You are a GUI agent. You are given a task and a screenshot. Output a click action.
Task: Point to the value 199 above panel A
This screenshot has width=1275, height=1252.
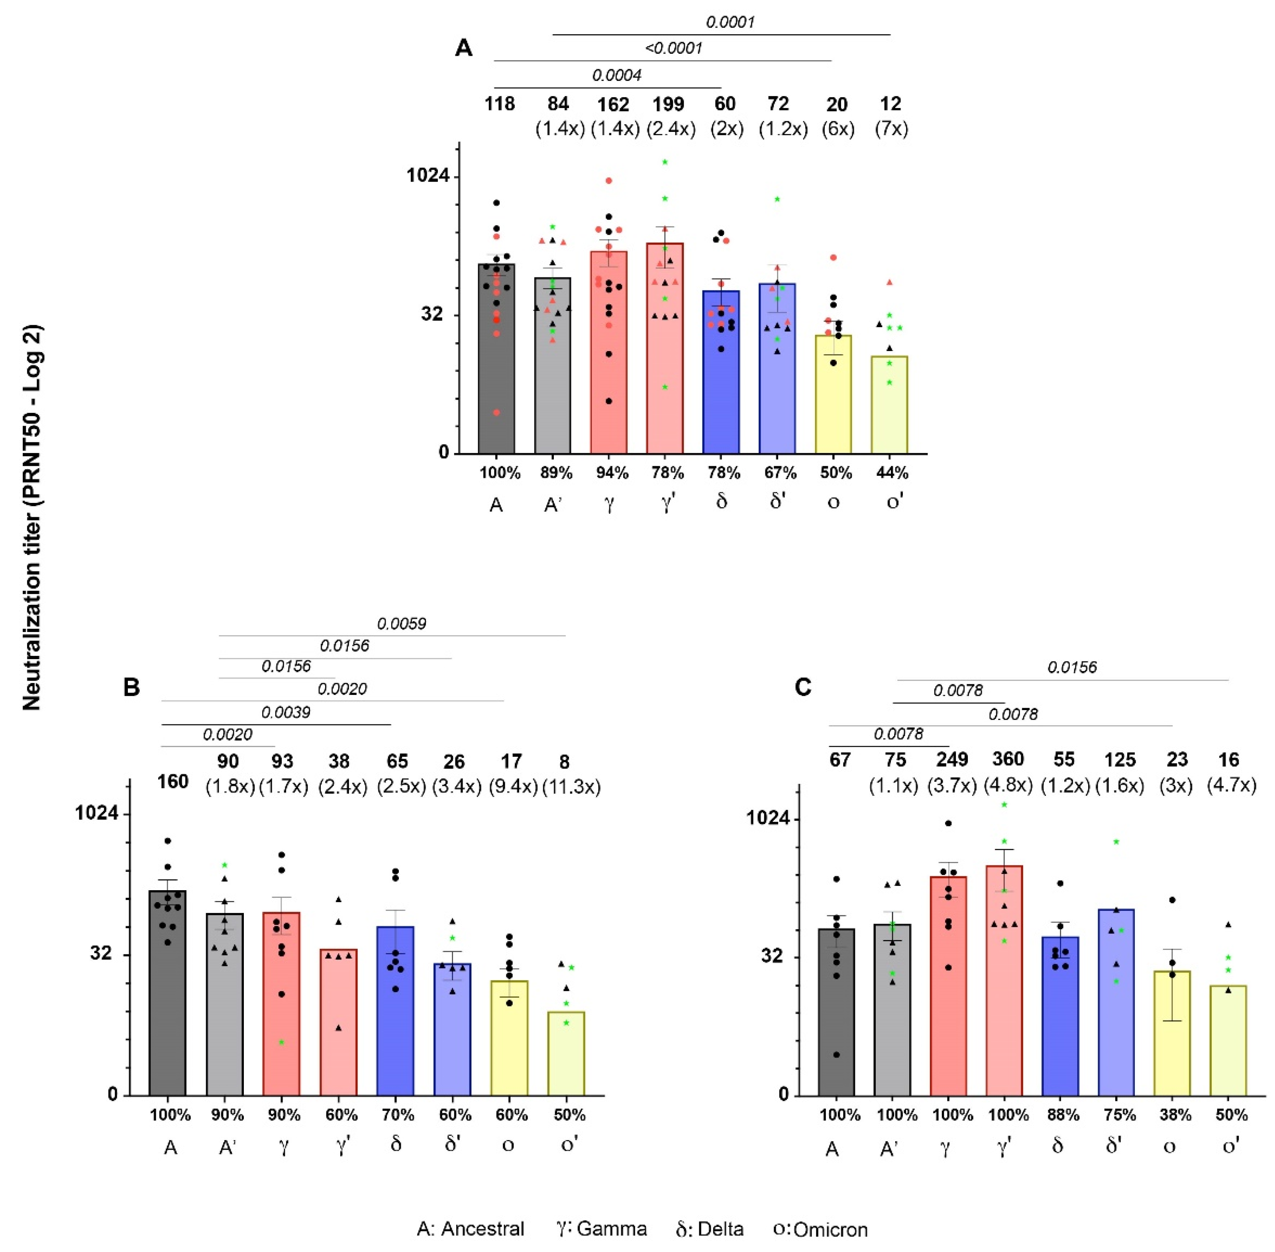[x=668, y=104]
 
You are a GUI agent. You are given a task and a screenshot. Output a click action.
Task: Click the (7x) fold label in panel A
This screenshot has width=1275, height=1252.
[x=891, y=129]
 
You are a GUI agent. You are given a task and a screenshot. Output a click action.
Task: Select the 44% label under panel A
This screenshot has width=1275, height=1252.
[x=892, y=473]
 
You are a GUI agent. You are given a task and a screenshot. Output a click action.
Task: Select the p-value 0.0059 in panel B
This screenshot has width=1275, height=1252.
[x=401, y=623]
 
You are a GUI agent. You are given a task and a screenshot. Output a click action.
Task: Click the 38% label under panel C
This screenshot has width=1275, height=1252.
[x=1176, y=1115]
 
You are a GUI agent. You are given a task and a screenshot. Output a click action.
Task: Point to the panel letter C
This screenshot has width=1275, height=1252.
[x=803, y=687]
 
